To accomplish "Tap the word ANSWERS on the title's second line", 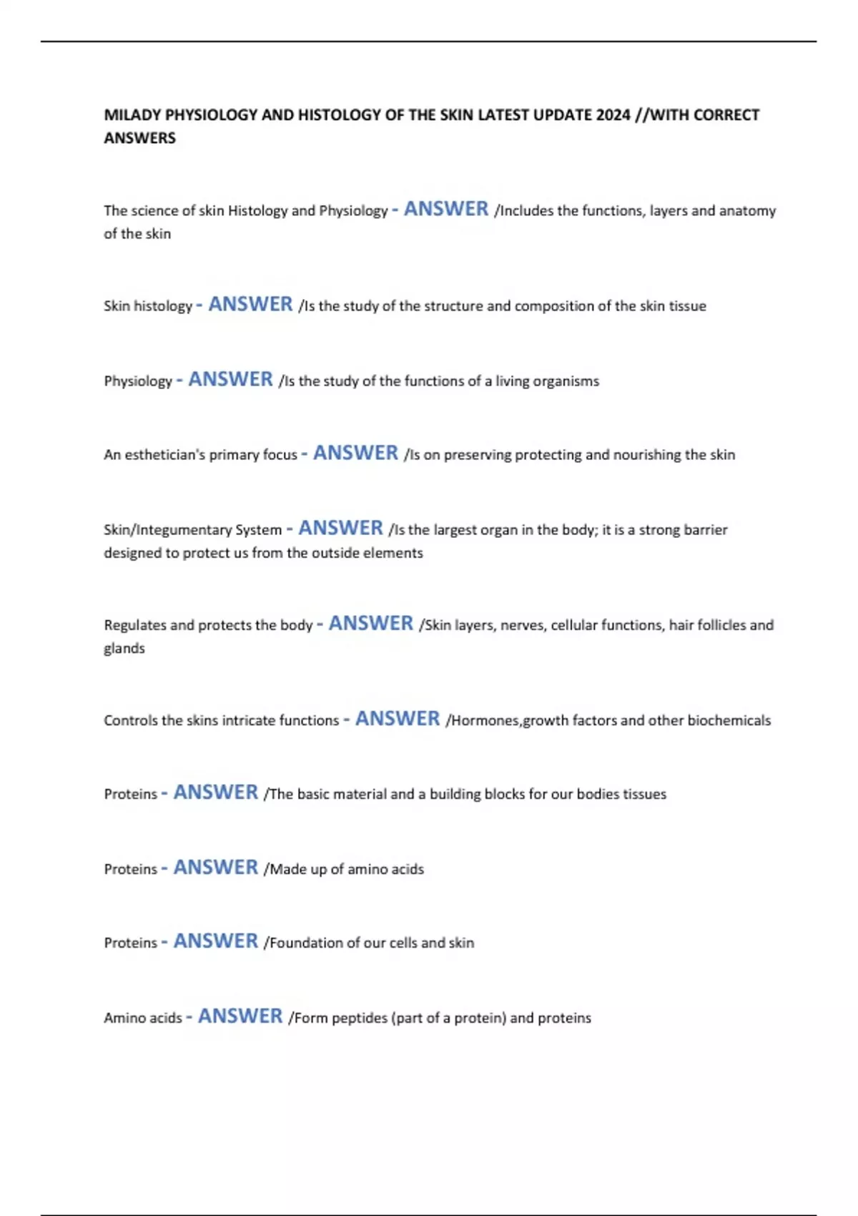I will click(139, 138).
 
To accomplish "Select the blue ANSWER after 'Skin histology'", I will click(250, 305).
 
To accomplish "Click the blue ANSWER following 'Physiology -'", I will click(230, 380).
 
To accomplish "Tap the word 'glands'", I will click(124, 649).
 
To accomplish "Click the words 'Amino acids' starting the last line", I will click(143, 1018).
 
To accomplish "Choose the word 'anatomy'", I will click(747, 211).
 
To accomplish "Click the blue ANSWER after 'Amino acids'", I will click(240, 1016).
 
